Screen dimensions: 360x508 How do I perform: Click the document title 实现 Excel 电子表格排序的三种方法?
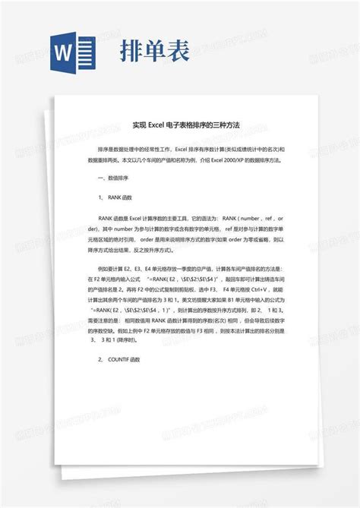[180, 125]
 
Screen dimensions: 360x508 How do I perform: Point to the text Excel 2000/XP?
[224, 160]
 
